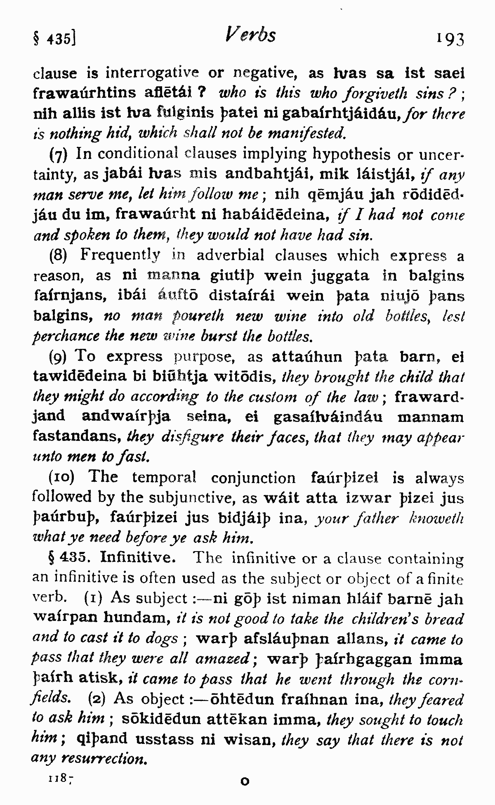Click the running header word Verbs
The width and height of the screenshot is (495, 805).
pyautogui.click(x=251, y=35)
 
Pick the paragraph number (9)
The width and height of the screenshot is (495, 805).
pyautogui.click(x=59, y=356)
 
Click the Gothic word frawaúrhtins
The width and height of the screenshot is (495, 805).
pyautogui.click(x=84, y=93)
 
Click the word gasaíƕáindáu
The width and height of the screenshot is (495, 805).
pyautogui.click(x=328, y=417)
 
